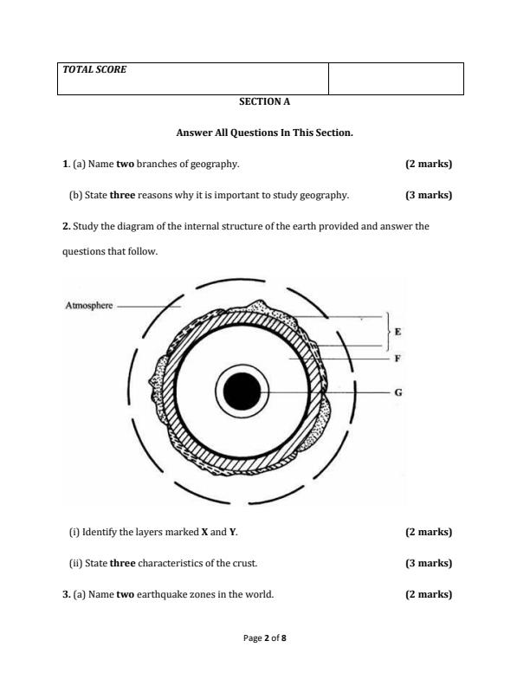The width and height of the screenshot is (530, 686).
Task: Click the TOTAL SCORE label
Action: (94, 69)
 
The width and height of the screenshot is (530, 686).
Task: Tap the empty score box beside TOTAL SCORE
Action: (396, 78)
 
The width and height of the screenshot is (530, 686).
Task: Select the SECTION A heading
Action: (264, 101)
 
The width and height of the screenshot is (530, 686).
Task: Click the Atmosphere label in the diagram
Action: (89, 305)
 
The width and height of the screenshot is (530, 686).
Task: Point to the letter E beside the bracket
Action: (397, 331)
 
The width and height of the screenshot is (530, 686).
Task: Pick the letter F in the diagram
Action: (397, 358)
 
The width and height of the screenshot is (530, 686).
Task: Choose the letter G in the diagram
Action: (397, 392)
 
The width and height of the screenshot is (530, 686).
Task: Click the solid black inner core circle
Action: (242, 392)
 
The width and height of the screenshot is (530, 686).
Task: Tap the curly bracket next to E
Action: (387, 331)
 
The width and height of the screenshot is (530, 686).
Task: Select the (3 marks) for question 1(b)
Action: (429, 195)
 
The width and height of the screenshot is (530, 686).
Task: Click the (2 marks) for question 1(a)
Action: (429, 164)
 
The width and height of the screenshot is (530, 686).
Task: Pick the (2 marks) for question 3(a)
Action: (429, 594)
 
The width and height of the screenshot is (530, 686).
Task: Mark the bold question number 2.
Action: (66, 226)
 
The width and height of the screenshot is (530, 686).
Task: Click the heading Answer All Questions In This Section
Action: (264, 133)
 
